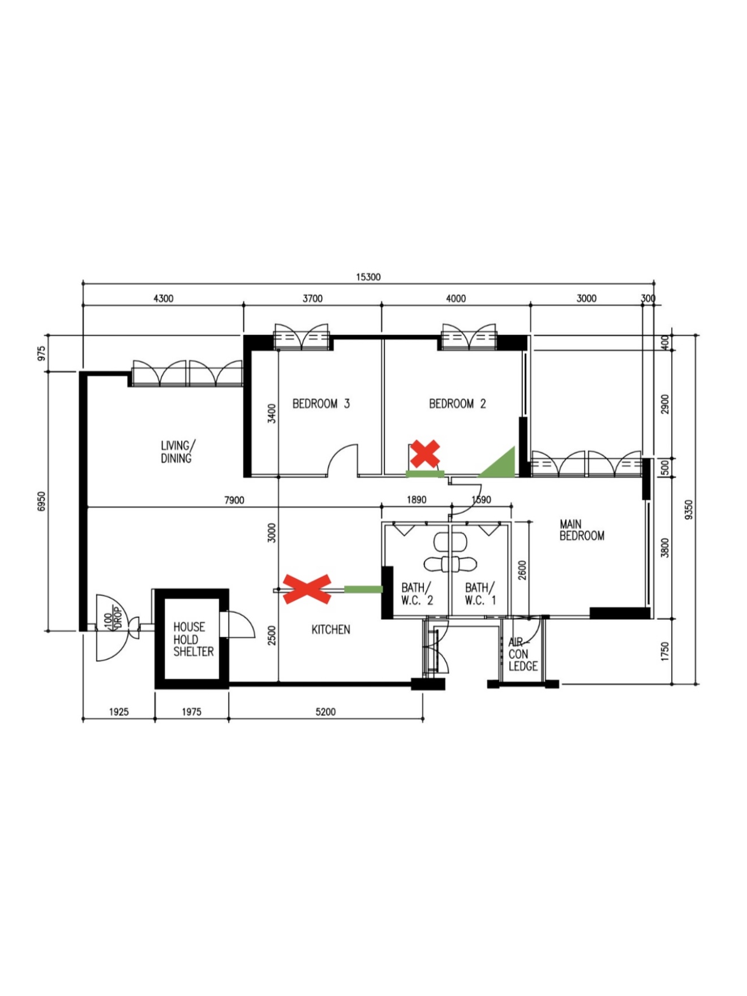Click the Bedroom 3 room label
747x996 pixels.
coord(321,403)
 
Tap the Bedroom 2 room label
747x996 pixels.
coord(457,403)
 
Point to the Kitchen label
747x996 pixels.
coord(330,629)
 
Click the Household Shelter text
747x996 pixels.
coord(193,639)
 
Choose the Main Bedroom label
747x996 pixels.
coord(581,530)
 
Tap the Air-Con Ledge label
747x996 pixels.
coord(522,654)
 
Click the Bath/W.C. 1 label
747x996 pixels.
coord(480,594)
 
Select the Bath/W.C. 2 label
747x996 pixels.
coord(417,594)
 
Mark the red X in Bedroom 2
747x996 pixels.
coord(425,453)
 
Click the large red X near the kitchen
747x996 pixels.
coord(307,589)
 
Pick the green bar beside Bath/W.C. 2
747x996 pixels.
coord(363,590)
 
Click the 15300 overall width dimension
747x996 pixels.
coord(368,277)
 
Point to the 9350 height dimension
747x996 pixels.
coord(688,509)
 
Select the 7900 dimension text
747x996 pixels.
coord(234,500)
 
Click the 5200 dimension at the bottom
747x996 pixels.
coord(325,712)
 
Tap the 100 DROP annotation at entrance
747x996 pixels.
coord(113,618)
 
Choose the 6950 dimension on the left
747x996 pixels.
coord(41,501)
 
